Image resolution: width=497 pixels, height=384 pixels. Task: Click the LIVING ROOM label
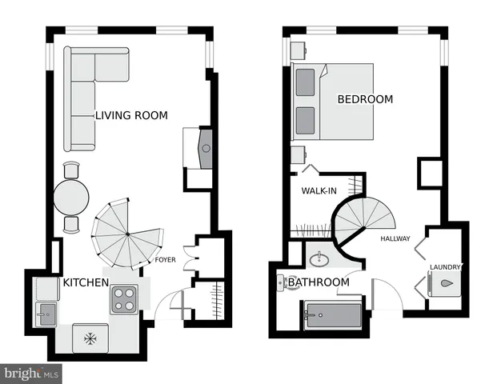131,116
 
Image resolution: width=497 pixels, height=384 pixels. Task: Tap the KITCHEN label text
86,282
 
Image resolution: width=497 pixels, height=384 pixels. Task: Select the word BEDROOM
365,99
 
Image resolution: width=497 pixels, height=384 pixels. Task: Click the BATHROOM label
319,282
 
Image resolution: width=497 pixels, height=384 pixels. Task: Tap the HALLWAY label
395,238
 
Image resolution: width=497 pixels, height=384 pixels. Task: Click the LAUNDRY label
446,267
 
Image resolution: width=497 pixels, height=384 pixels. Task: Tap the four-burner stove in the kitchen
124,298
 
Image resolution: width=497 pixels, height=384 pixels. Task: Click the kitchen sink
45,313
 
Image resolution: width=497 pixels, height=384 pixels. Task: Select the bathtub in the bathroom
333,317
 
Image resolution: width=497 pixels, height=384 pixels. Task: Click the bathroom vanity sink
319,258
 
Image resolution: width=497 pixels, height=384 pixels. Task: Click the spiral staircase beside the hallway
364,222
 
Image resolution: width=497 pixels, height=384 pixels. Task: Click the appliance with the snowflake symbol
90,338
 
